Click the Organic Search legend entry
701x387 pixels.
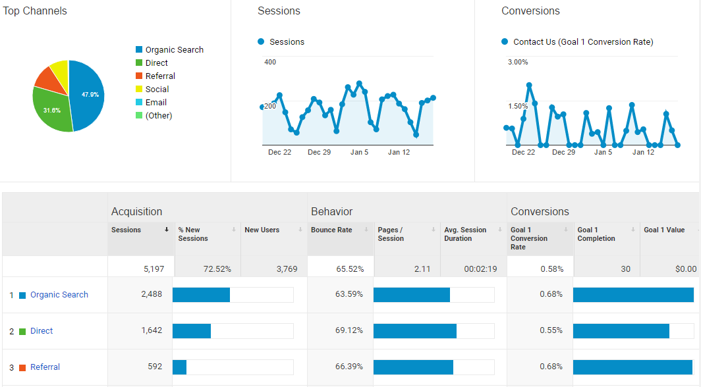(x=174, y=50)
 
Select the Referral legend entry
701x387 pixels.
(x=160, y=76)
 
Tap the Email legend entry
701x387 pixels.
(x=155, y=103)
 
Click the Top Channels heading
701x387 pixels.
(x=35, y=11)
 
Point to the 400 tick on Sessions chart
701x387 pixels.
(x=270, y=63)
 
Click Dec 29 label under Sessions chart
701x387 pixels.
(x=319, y=152)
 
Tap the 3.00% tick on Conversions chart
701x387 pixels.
(x=517, y=63)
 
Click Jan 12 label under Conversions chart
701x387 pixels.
(x=643, y=152)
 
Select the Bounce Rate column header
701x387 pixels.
(x=331, y=230)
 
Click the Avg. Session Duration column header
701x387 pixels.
(x=465, y=234)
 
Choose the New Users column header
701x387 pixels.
(x=262, y=230)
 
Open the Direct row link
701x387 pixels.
(x=42, y=331)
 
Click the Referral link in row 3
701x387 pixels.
(x=45, y=367)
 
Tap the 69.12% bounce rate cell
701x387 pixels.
(x=349, y=330)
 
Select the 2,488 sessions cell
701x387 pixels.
(x=151, y=294)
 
